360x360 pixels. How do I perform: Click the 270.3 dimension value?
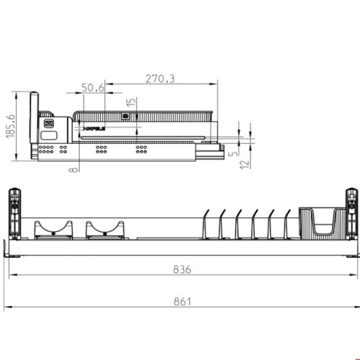159,78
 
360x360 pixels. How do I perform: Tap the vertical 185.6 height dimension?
9,128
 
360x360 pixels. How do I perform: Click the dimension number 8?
73,170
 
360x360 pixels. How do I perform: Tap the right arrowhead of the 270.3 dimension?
215,85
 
